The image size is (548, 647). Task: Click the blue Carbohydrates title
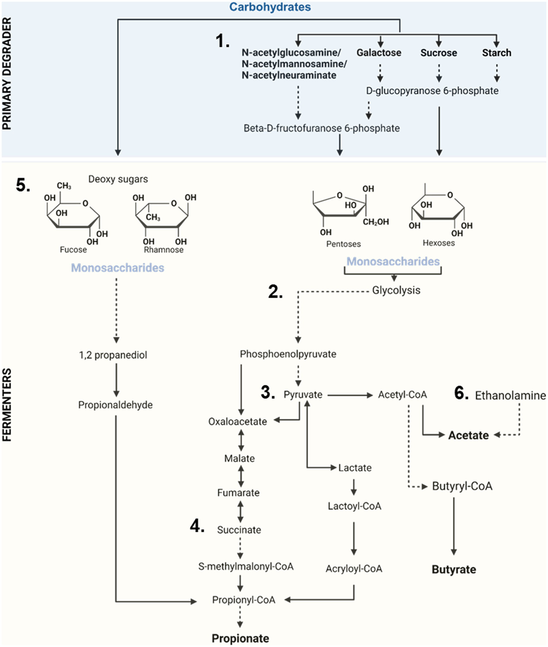(270, 7)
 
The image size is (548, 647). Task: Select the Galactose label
(379, 53)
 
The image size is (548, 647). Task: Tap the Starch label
(496, 53)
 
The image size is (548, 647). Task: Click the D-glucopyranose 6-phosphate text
(432, 91)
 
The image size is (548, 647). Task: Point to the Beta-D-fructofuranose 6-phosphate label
(321, 128)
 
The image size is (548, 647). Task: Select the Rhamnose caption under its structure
(164, 250)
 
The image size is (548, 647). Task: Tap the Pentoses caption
(343, 244)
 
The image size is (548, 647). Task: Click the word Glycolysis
(396, 290)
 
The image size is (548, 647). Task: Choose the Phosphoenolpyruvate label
(288, 354)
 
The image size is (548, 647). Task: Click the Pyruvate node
(303, 395)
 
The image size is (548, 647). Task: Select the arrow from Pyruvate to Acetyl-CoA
(350, 395)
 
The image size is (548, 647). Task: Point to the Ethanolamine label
(510, 395)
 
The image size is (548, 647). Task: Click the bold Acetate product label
(468, 435)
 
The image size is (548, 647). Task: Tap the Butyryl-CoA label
(462, 486)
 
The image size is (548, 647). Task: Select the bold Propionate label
(240, 638)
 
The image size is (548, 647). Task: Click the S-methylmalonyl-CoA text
(246, 566)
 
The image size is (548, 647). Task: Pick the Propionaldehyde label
(115, 405)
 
